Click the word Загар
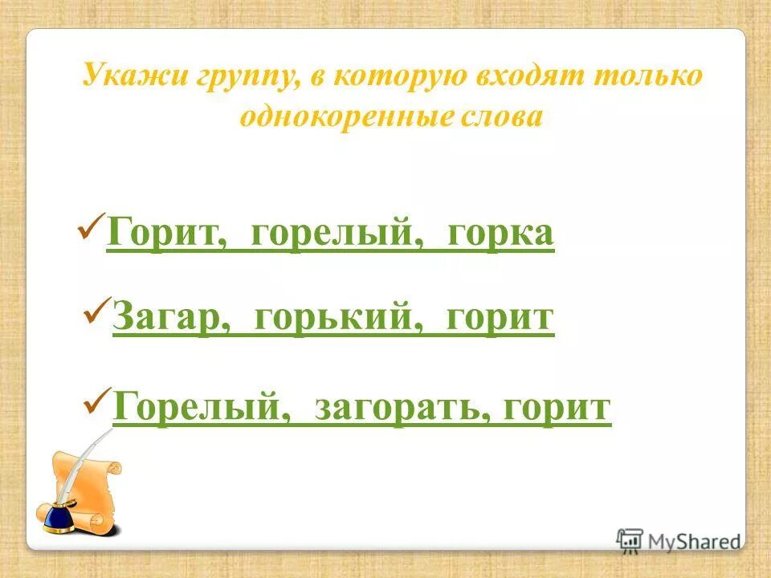click(x=165, y=317)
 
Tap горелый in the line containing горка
click(x=332, y=234)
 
